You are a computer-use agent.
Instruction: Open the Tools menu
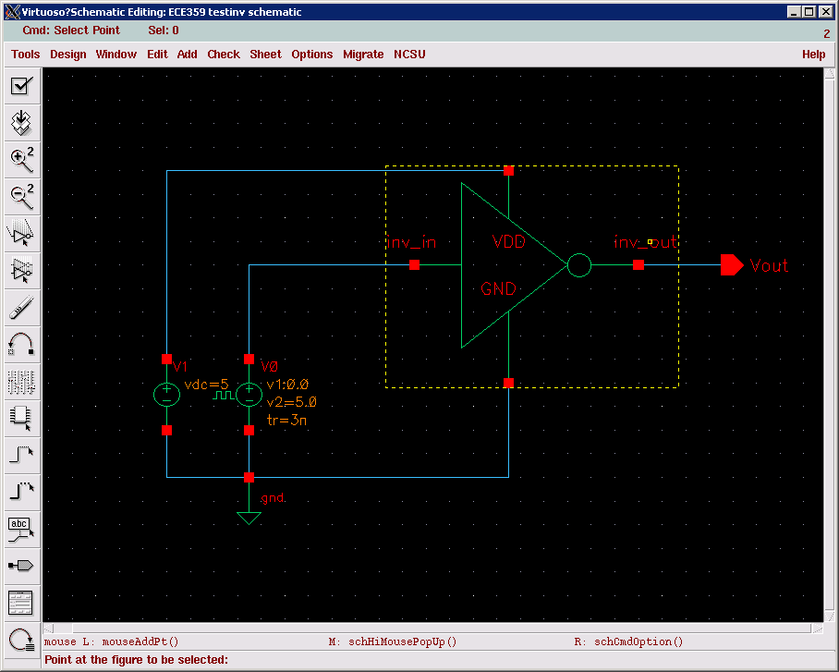(x=25, y=55)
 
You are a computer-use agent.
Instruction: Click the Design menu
(x=67, y=55)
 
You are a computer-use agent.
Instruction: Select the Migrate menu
(x=363, y=55)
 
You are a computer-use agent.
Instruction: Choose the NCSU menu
(x=409, y=55)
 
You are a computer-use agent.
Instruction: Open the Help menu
(x=813, y=55)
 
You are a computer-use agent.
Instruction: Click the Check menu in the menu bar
(x=224, y=55)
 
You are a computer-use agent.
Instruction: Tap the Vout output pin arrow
(x=732, y=265)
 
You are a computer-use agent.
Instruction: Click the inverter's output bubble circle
(x=578, y=266)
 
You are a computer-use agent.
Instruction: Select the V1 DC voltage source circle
(x=166, y=395)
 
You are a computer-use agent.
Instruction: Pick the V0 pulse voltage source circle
(x=249, y=395)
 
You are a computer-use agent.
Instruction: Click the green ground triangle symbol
(x=249, y=519)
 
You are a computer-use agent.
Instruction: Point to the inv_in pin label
(x=410, y=243)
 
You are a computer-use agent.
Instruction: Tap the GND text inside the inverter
(x=498, y=289)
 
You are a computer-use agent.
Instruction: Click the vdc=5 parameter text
(x=206, y=385)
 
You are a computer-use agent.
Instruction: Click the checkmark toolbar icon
(x=20, y=86)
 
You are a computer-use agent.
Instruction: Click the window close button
(x=826, y=12)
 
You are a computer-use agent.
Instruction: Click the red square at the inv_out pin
(x=638, y=265)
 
